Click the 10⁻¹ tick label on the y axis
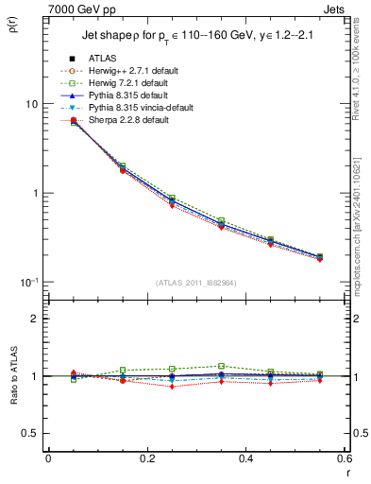pos(30,283)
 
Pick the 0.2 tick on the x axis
pos(146,458)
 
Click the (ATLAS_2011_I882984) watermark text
pos(196,283)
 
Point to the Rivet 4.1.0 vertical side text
pos(361,76)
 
